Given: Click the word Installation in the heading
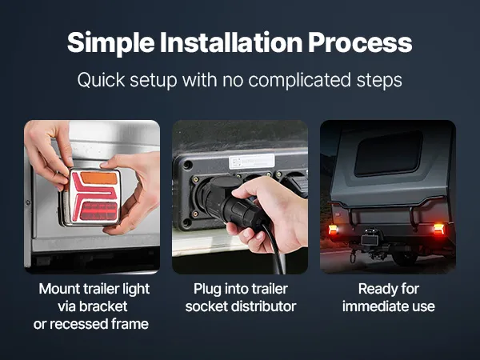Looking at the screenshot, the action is pos(231,42).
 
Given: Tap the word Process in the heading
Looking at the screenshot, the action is pos(360,42).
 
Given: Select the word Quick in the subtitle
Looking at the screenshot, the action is pos(101,80).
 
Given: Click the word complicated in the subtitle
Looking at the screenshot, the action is pos(299,80).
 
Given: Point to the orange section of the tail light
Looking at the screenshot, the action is pos(98,178).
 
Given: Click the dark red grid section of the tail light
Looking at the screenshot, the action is pos(98,211).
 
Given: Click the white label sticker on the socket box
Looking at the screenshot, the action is pos(252,162).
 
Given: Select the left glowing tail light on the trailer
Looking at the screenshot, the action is pos(333,230).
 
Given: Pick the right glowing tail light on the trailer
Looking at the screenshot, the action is pos(438,229).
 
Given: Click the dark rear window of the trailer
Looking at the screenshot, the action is pos(389,153).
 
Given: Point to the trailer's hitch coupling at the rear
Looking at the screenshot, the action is pos(370,242).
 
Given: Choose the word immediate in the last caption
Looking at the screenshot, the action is pos(375,306).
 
